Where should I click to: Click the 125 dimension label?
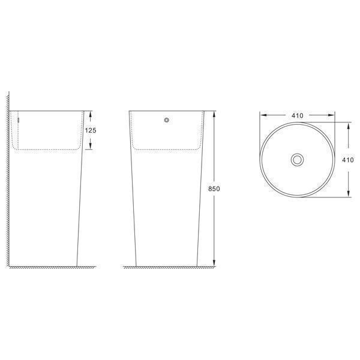91,130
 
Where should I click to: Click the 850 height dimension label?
214,189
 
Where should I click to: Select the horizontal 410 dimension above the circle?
298,116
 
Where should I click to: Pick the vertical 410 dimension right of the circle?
348,160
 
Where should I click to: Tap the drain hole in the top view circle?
298,160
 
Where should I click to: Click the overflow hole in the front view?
167,120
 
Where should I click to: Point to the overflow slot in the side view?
19,120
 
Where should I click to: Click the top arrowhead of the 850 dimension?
214,114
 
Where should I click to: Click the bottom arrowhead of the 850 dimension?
214,263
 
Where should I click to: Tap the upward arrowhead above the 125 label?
90,114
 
